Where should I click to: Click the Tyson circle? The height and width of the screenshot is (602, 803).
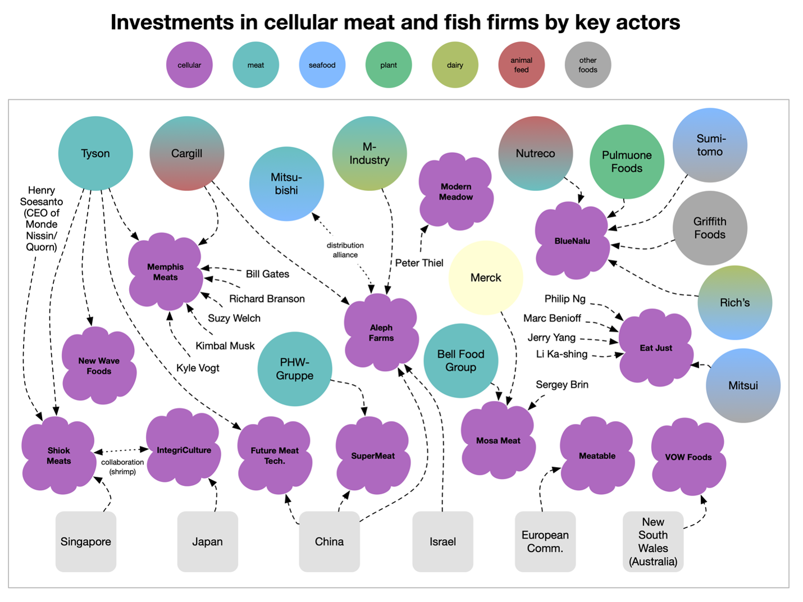(x=95, y=153)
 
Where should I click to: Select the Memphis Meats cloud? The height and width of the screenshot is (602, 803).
(x=165, y=272)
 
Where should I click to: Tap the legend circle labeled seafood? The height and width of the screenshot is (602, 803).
(x=322, y=65)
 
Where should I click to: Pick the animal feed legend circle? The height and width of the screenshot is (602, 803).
(x=521, y=65)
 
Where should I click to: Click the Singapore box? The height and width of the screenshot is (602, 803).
(x=86, y=541)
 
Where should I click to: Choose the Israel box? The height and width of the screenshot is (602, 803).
(x=442, y=541)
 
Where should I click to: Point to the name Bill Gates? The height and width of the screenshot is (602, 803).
(x=267, y=274)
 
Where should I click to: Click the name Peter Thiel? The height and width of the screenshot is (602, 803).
(x=419, y=263)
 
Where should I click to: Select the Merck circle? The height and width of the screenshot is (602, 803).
(x=486, y=277)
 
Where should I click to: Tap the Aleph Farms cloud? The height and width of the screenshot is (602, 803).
(x=381, y=332)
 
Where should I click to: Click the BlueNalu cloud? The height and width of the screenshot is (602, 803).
(x=572, y=241)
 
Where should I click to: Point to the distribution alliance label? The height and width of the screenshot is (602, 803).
(x=345, y=250)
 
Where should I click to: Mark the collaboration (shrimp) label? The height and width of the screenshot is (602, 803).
(x=122, y=467)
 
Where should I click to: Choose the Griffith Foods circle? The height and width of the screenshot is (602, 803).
(x=710, y=228)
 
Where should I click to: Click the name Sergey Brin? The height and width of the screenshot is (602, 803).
(x=562, y=385)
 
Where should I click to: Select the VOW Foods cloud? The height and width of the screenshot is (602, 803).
(x=688, y=457)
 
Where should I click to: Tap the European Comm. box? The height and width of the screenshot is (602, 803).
(x=545, y=541)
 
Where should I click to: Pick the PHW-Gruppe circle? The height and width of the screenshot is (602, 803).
(x=295, y=369)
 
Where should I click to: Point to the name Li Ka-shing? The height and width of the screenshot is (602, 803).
(x=562, y=354)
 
